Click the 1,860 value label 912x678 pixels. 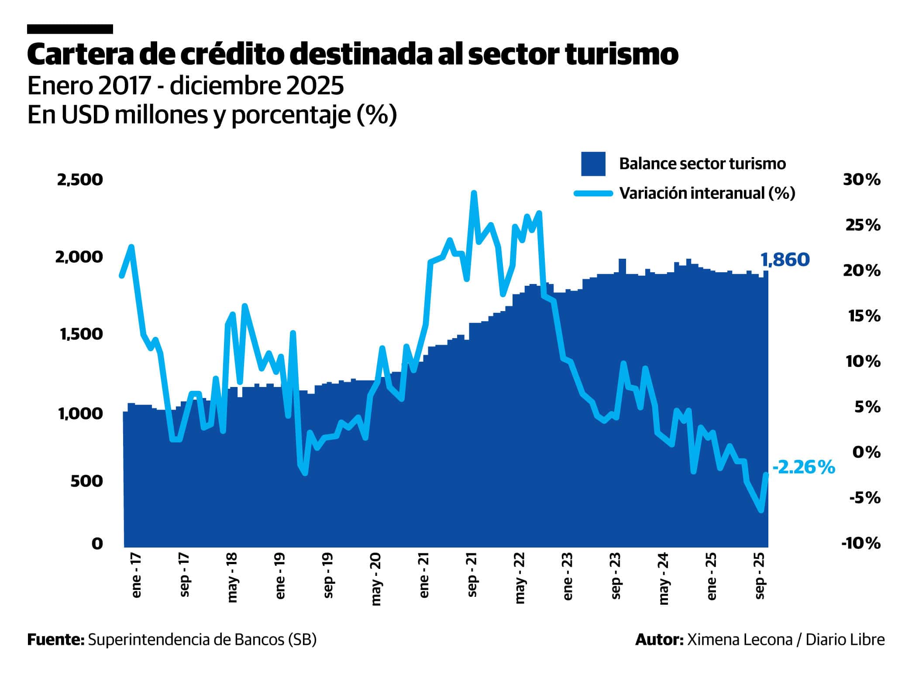[x=785, y=260]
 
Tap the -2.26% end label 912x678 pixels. [x=804, y=468]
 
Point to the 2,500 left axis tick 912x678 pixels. [x=80, y=179]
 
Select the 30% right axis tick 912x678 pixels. [x=861, y=180]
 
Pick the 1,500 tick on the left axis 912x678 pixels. [x=80, y=334]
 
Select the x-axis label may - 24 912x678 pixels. [x=664, y=579]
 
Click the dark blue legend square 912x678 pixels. [x=593, y=164]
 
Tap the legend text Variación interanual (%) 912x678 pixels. [x=707, y=193]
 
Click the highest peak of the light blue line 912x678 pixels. [x=474, y=193]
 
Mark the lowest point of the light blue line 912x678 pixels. [x=761, y=510]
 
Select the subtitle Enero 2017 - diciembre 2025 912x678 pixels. [x=186, y=86]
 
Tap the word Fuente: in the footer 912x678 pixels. [x=55, y=639]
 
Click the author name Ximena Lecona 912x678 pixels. [x=740, y=639]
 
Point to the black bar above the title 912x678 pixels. [x=70, y=29]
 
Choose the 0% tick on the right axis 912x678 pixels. [x=867, y=452]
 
